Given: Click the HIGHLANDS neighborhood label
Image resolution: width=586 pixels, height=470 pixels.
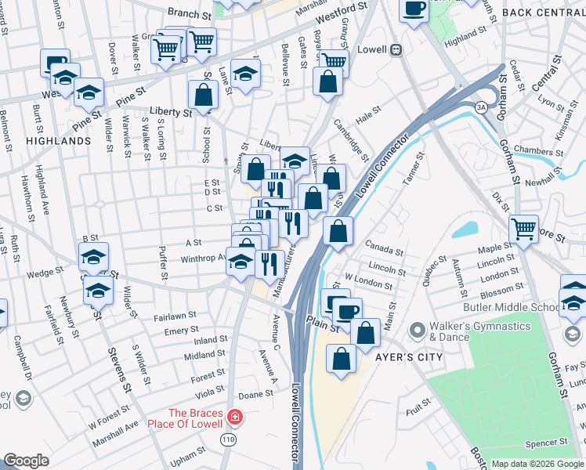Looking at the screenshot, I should (59, 141).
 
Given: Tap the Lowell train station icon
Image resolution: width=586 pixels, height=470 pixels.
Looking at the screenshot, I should (397, 49).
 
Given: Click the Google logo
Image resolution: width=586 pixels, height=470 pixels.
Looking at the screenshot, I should (27, 461).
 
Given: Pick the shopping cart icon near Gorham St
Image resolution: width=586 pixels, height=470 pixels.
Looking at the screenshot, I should (523, 229).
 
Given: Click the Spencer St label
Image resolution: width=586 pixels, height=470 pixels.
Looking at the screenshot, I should (541, 443).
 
